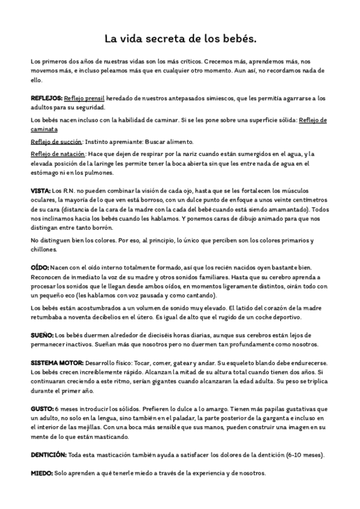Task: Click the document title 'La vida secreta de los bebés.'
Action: [x=180, y=39]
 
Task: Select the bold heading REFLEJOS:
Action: [x=46, y=98]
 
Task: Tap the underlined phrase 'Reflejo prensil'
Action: [x=85, y=98]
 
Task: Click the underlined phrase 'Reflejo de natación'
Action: [x=58, y=154]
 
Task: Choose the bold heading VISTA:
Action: [x=41, y=190]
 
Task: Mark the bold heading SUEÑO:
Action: [x=42, y=334]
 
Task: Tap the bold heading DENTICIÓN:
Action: [x=49, y=454]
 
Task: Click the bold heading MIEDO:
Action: [x=41, y=474]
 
